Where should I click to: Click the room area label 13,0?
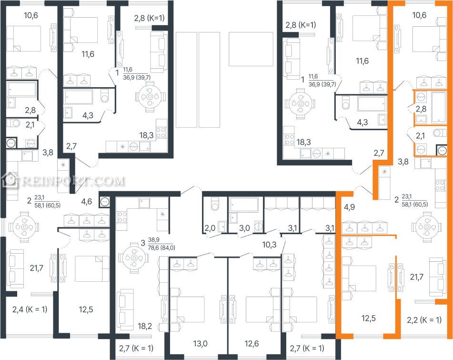[x=200, y=343]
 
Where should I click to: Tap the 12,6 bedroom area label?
[x=252, y=343]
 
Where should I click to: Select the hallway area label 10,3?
[x=269, y=245]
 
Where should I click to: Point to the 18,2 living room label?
[x=145, y=326]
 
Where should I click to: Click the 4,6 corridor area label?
[x=86, y=201]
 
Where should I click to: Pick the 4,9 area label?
[x=349, y=207]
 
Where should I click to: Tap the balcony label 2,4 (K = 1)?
[x=30, y=309]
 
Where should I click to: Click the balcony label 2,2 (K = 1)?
[x=424, y=320]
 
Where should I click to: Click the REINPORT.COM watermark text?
[x=73, y=181]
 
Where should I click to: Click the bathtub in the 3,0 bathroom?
[x=243, y=205]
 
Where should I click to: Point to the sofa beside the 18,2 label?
[x=125, y=309]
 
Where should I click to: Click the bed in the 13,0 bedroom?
[x=187, y=309]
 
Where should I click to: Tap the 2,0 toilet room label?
[x=210, y=228]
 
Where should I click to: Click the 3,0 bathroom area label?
[x=244, y=228]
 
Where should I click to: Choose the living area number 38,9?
[x=154, y=240]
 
